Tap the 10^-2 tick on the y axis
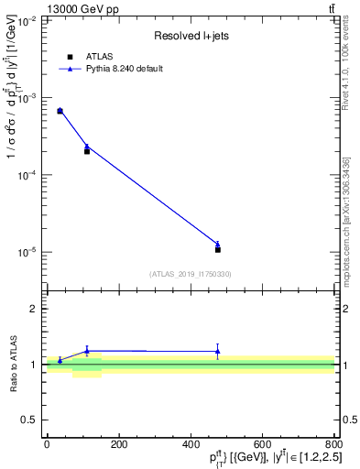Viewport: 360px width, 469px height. (x=28, y=20)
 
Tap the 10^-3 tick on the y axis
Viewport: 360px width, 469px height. (x=28, y=97)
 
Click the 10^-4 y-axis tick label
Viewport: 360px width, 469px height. (x=28, y=174)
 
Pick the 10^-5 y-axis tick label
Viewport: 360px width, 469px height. (x=28, y=252)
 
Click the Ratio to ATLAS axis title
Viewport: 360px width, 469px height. (x=13, y=364)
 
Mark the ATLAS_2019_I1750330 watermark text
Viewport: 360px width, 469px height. (x=191, y=274)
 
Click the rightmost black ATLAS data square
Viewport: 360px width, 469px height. (x=218, y=249)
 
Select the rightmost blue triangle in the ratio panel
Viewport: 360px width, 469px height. (x=218, y=350)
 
